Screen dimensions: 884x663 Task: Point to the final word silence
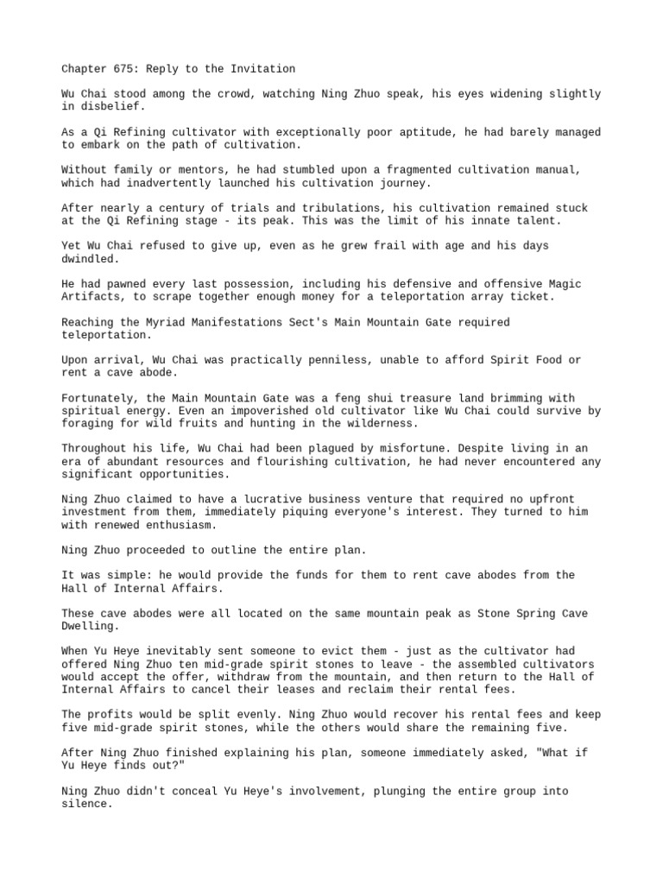click(86, 804)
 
